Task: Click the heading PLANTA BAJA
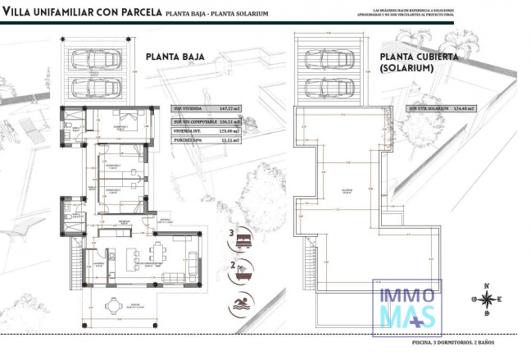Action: point(175,57)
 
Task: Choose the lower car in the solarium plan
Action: point(330,86)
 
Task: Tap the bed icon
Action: point(246,237)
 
